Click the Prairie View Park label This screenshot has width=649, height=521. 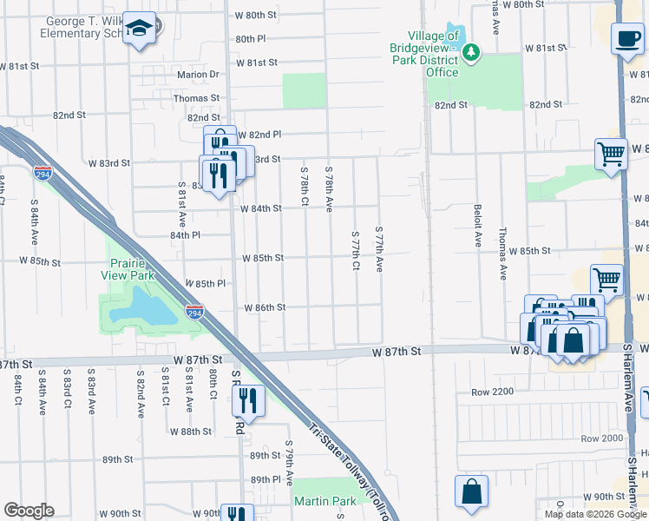click(x=130, y=268)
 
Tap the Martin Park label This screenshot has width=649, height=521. click(x=324, y=501)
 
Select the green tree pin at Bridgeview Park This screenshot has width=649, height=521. click(x=470, y=54)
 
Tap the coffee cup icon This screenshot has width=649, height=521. click(x=626, y=37)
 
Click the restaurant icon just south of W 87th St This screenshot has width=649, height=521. click(x=248, y=399)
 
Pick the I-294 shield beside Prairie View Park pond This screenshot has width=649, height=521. click(x=195, y=311)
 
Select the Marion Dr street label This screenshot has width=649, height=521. click(x=198, y=75)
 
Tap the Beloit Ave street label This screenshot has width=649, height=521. click(x=477, y=227)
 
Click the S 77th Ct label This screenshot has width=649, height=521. click(x=356, y=250)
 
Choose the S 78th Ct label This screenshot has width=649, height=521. click(x=305, y=187)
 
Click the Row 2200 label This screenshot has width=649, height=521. click(x=493, y=392)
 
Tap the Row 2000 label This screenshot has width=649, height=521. click(x=602, y=438)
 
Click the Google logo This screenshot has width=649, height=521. click(x=29, y=511)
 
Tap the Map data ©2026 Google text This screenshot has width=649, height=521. click(x=594, y=514)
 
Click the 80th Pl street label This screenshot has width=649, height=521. click(x=250, y=39)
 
